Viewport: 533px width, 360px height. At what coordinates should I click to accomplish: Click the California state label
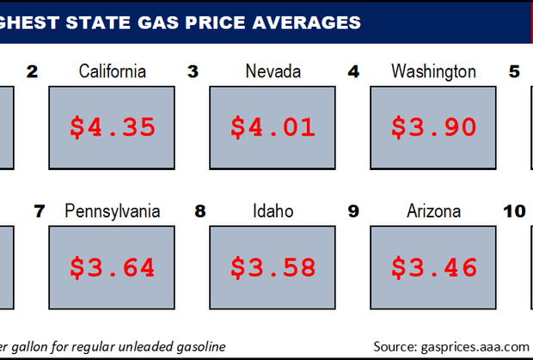(112, 71)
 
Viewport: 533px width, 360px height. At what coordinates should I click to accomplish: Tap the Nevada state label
(273, 71)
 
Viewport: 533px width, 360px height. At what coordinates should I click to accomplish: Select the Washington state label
(433, 72)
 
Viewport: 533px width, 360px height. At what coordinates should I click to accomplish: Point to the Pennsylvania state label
(112, 211)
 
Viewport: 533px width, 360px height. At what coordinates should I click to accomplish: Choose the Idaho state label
(273, 211)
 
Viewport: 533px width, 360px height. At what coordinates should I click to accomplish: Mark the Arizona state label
(434, 211)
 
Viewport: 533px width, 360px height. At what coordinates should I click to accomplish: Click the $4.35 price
(113, 127)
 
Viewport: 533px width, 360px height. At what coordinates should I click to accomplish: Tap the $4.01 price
(273, 127)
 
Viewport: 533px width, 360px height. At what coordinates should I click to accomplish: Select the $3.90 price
(434, 127)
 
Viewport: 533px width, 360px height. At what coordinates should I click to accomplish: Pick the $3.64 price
(113, 267)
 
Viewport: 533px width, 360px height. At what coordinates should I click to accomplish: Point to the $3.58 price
(273, 267)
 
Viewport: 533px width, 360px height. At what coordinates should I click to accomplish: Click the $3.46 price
(434, 267)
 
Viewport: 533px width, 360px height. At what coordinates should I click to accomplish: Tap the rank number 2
(33, 71)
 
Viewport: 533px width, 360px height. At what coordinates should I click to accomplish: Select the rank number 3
(193, 71)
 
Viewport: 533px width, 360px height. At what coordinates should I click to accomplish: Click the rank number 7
(40, 211)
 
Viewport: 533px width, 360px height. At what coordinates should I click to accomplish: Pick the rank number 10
(514, 211)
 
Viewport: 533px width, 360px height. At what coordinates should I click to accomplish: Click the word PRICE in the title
(216, 22)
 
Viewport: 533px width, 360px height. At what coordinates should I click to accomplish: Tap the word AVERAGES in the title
(307, 22)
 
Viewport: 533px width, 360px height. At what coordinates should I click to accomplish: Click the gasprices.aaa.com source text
(475, 347)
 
